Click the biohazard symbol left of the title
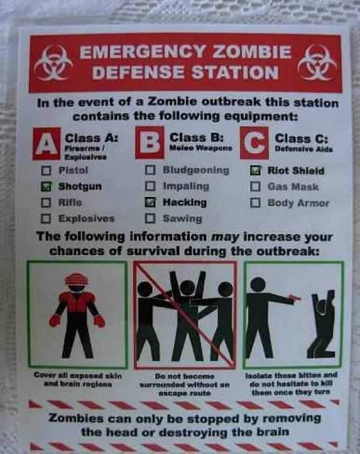pos(53,63)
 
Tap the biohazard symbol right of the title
pos(317,63)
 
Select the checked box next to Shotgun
pos(46,186)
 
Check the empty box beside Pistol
pos(46,170)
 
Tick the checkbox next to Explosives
pos(46,218)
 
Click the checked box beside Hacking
pos(151,202)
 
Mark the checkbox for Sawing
pos(150,218)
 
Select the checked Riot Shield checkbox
pos(255,171)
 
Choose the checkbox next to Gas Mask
pos(255,186)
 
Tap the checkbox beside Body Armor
pos(255,203)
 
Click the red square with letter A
pos(46,144)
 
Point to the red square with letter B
pos(149,143)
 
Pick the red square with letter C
pos(254,143)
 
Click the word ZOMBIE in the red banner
pos(252,52)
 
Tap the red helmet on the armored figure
pos(77,279)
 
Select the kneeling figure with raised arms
pos(321,324)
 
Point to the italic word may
pos(225,237)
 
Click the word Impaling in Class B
pos(186,186)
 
